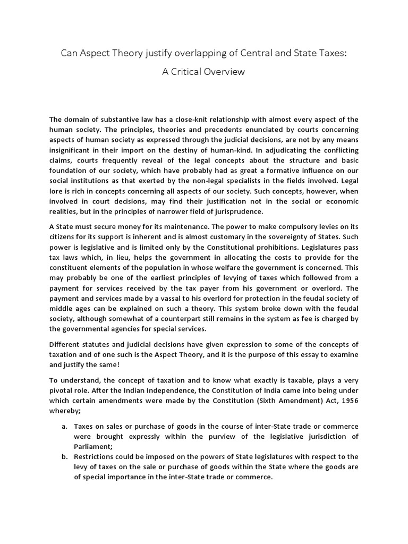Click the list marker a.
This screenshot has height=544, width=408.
[x=62, y=426]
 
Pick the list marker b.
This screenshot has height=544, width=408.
[x=62, y=456]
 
